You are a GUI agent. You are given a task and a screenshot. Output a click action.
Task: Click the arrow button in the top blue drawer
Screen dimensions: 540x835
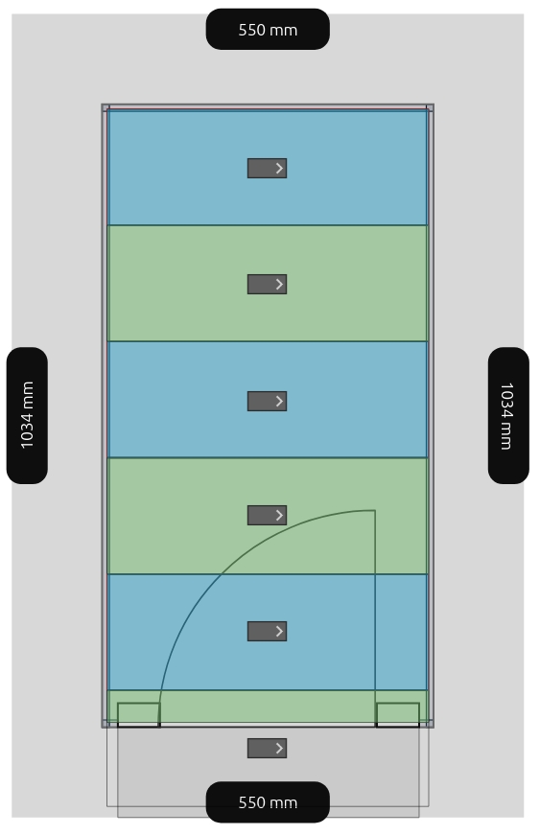tap(267, 169)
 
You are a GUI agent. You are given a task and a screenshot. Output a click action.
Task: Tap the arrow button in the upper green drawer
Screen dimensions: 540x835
tap(267, 285)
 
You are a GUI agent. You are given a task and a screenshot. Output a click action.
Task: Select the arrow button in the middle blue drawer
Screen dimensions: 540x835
tap(267, 401)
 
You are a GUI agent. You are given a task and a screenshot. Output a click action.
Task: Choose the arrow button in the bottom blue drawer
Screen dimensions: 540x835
tap(267, 631)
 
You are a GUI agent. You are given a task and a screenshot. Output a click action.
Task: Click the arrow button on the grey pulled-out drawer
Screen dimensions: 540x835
tap(267, 748)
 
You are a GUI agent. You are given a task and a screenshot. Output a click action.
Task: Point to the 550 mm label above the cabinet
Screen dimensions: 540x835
tap(268, 30)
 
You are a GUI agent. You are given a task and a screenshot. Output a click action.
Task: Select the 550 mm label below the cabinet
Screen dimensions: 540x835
tap(268, 802)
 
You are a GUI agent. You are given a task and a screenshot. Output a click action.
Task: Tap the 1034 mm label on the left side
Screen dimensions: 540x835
tap(27, 415)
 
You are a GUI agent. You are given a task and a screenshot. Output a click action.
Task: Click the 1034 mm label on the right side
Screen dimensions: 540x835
tap(508, 415)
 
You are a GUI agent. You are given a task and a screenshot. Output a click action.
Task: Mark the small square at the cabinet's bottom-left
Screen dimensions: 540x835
tap(138, 714)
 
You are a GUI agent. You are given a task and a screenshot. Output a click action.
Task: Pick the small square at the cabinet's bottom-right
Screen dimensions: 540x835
tap(398, 714)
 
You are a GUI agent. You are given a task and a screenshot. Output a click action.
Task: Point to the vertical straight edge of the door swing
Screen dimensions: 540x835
tap(375, 607)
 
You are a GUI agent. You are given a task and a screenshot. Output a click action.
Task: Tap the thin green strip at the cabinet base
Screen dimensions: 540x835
tap(268, 707)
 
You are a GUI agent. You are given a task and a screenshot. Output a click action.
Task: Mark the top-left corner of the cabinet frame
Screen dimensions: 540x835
tap(103, 104)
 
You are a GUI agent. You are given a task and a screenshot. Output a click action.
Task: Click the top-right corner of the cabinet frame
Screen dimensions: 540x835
tap(434, 104)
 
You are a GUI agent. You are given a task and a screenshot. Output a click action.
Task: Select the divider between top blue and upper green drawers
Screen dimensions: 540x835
tap(268, 225)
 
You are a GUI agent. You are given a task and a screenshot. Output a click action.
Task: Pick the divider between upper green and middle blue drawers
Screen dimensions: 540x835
tap(268, 341)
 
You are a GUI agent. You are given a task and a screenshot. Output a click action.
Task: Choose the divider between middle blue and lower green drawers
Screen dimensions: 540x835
tap(268, 457)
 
